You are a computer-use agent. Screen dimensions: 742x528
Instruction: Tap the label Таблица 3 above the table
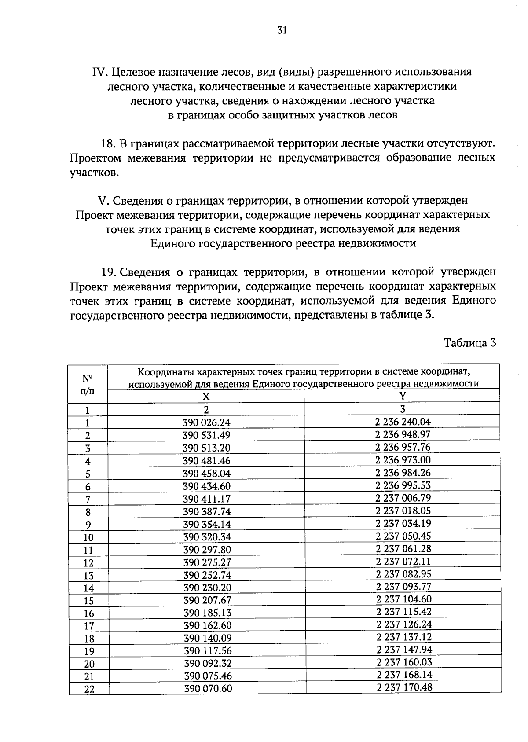469,343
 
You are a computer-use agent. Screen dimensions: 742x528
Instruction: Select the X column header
206,396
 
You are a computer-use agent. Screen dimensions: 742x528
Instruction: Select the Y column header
402,396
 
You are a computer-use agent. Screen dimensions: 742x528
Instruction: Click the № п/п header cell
88,383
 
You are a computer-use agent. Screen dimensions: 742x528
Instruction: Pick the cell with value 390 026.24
206,423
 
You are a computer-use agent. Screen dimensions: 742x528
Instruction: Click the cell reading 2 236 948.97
403,435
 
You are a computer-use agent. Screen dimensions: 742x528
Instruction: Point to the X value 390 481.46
206,461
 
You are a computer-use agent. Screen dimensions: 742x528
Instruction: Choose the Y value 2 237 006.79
403,498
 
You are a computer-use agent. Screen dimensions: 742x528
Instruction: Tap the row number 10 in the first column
88,537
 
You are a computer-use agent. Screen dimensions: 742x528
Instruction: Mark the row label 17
89,626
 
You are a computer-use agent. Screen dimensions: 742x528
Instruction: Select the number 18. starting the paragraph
108,143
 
